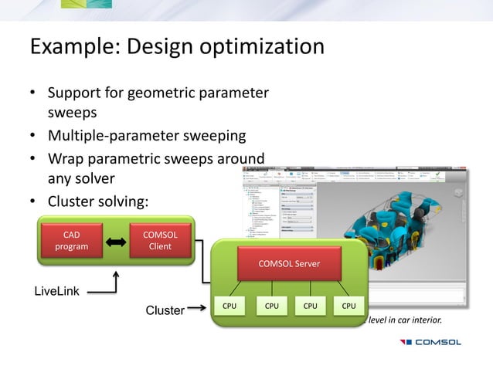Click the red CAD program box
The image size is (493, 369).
[x=70, y=241]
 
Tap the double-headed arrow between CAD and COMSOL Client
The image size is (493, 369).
[x=115, y=242]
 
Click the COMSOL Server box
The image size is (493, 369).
[x=287, y=264]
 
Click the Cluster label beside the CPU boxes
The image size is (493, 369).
[x=165, y=310]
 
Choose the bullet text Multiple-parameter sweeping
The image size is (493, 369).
[x=147, y=137]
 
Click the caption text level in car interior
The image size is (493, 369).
[x=413, y=320]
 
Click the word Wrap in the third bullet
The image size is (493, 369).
[x=66, y=159]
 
